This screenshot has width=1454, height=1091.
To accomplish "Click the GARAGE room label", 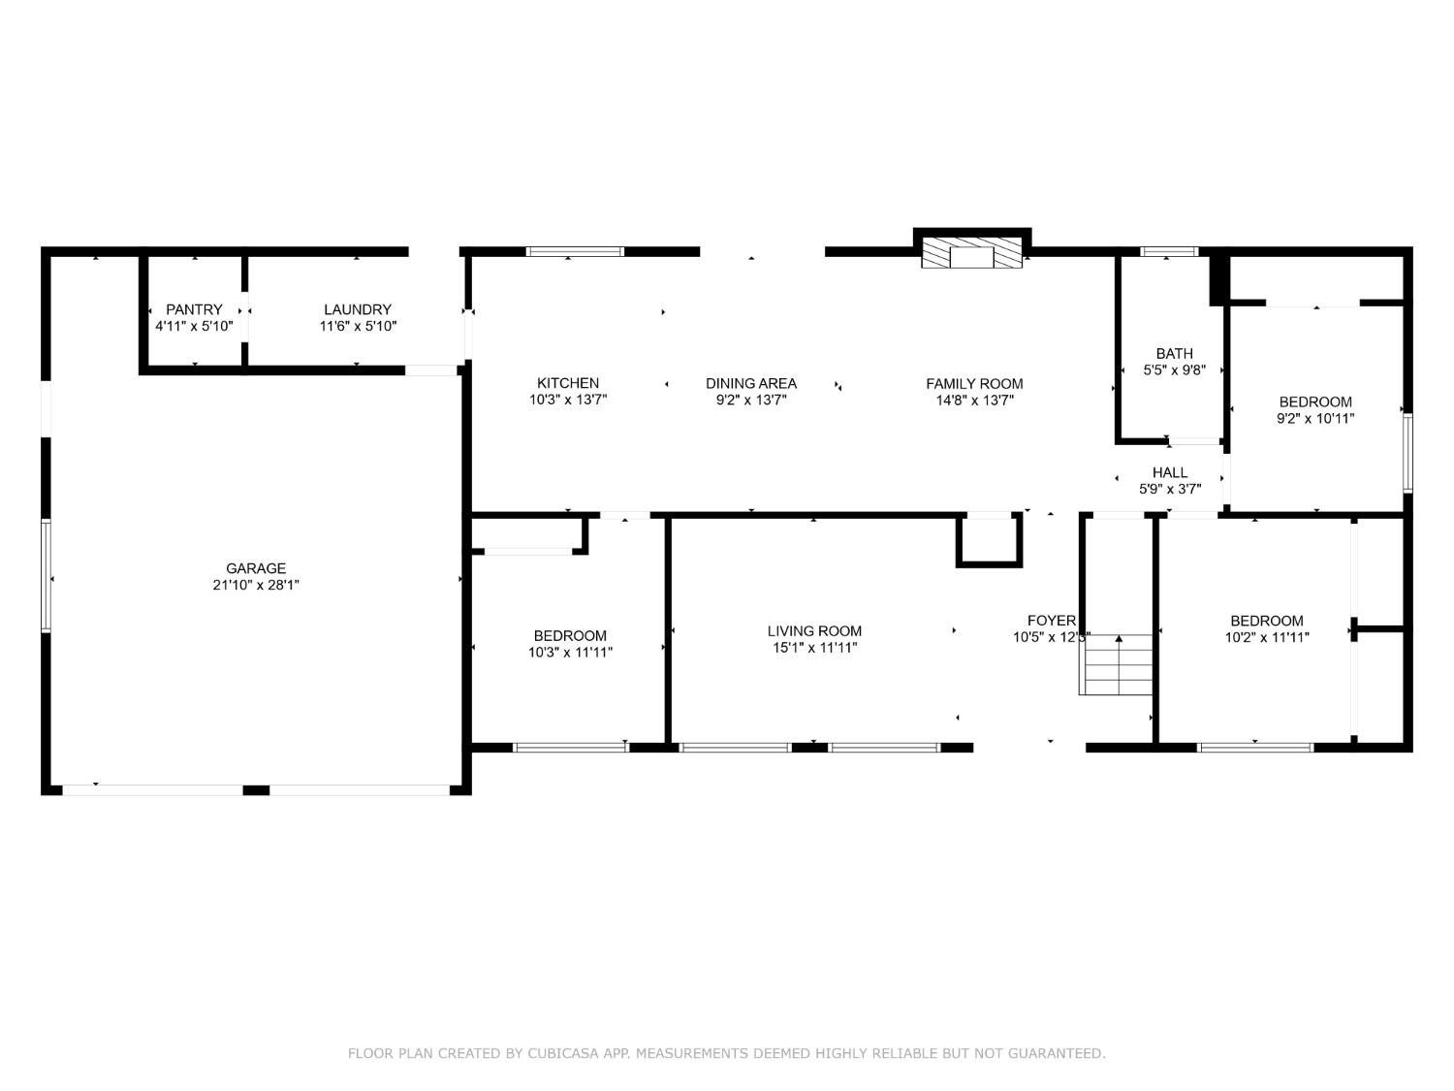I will (256, 568).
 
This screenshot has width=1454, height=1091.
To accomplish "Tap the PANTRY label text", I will (194, 309).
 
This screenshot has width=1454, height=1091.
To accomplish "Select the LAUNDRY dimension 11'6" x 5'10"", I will (358, 327).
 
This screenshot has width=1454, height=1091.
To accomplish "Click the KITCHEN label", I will (568, 383).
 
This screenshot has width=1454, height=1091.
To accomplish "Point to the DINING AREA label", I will (750, 383).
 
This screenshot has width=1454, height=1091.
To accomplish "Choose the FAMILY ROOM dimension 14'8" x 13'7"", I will (974, 400).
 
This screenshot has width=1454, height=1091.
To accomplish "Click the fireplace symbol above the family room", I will (971, 253).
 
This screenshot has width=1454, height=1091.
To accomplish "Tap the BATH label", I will (1174, 353).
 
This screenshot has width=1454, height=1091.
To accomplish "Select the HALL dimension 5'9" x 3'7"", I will (1170, 490).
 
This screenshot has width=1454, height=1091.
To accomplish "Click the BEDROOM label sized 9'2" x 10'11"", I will (1314, 401).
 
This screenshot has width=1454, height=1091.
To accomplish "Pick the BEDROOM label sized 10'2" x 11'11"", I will (1266, 621).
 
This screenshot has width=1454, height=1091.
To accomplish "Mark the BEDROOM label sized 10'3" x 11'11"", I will (570, 636).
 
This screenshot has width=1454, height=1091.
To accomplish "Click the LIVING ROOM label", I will (814, 630).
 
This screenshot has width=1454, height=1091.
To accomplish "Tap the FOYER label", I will (1051, 621).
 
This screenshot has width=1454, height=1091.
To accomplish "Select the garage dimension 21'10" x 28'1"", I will (256, 585).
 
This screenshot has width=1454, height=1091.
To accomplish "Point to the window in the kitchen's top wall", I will (575, 251).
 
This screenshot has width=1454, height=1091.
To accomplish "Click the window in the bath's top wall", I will (1169, 251).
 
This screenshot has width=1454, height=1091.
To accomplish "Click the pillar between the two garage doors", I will (256, 790).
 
